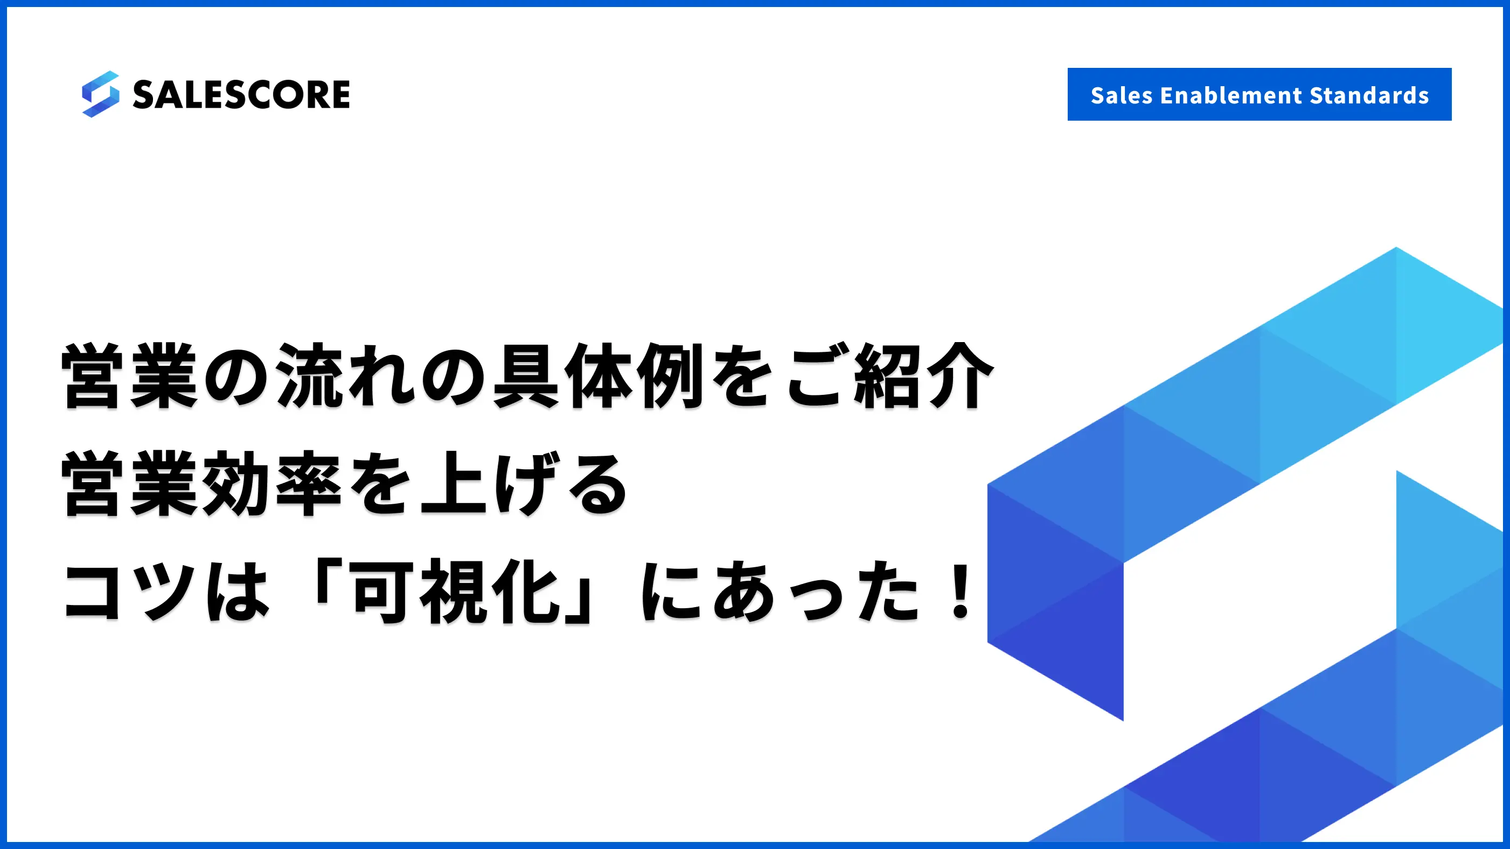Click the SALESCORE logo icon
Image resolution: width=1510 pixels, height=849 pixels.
(100, 94)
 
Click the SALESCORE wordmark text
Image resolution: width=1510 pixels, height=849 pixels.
(241, 95)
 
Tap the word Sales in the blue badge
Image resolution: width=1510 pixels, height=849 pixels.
(1122, 95)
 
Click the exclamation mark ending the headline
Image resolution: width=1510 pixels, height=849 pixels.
(961, 590)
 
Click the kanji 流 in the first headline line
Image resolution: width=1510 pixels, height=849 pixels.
(310, 375)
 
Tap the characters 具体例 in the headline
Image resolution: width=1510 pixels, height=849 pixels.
(599, 375)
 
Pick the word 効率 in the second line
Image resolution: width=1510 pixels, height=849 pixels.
(272, 484)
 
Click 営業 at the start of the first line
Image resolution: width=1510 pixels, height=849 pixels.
(129, 375)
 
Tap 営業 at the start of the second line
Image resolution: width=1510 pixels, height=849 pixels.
(129, 484)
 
